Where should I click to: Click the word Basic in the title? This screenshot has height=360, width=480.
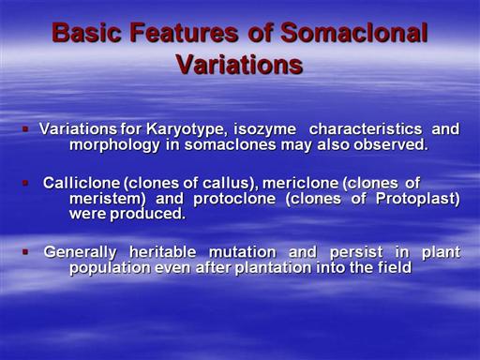pos(86,32)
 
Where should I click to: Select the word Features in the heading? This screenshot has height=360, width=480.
pos(184,32)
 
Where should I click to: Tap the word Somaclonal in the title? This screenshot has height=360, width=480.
pos(354,32)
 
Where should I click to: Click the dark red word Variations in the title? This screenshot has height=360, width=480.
pos(240,65)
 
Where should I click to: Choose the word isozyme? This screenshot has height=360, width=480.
pos(265,129)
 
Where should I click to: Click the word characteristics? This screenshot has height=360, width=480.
pos(366,128)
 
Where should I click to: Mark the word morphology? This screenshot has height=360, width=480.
pos(114,145)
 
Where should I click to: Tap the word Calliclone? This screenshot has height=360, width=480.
pos(82,183)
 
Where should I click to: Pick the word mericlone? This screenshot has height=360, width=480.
pos(300,183)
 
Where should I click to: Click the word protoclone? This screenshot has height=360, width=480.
pos(234,199)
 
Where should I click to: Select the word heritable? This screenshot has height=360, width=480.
pos(163,252)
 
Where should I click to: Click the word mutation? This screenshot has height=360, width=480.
pos(243,252)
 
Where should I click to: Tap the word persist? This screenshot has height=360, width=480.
pos(356,252)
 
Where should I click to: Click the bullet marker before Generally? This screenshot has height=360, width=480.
pos(25,251)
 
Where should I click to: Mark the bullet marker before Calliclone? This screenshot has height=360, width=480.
pos(25,183)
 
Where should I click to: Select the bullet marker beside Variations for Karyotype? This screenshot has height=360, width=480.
pos(25,128)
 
